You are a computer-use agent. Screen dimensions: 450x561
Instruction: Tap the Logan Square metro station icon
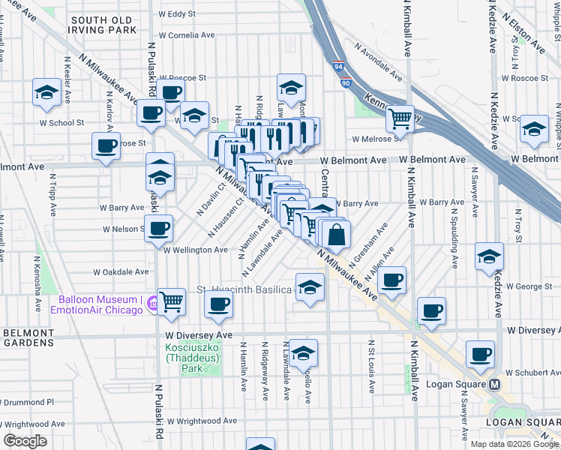point(494,385)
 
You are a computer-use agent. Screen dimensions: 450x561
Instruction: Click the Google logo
point(25,440)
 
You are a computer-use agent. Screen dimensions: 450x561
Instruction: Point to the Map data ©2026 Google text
point(513,444)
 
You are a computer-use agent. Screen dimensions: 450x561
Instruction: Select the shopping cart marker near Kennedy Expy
point(400,118)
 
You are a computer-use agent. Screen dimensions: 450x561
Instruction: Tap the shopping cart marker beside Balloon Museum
point(172,301)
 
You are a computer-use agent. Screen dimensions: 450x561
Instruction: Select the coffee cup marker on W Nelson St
point(158,228)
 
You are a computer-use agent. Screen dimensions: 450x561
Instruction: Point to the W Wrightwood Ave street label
point(202,421)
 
